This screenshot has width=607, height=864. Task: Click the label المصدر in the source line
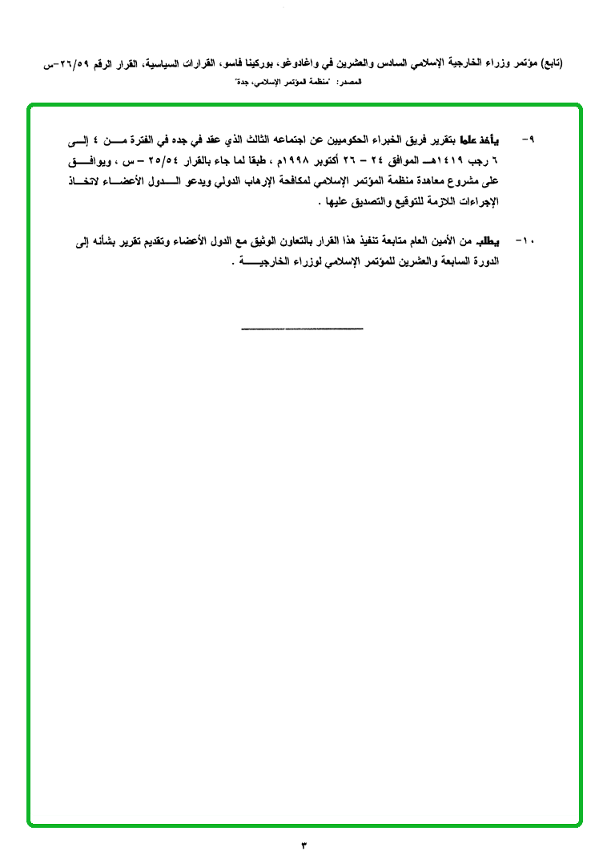351,83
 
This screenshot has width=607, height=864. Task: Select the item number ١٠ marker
527,240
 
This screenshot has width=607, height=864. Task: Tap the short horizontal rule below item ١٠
302,328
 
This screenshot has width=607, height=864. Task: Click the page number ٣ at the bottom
303,845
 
